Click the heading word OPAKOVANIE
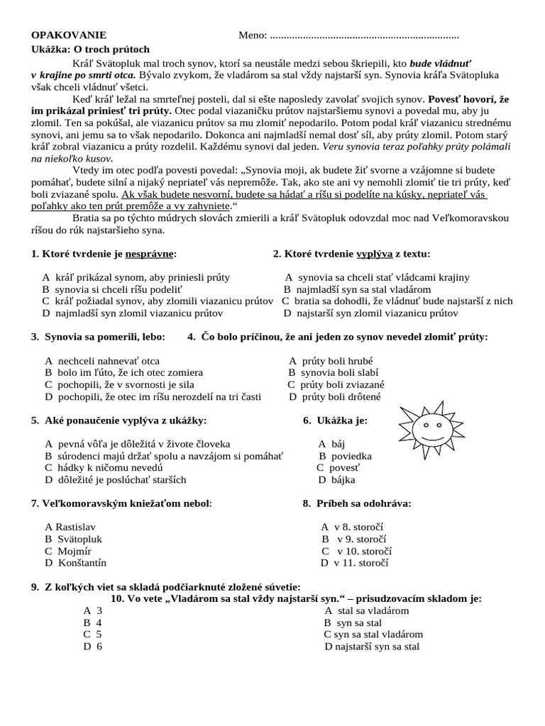tap(69, 35)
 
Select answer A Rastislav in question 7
tap(70, 527)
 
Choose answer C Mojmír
tap(69, 551)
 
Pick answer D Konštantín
tap(75, 563)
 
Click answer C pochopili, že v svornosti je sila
tap(114, 384)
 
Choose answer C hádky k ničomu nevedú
tap(104, 468)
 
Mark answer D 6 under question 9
tap(93, 647)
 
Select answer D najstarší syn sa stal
tap(372, 647)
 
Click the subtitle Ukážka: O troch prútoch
tap(90, 49)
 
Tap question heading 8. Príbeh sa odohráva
tap(357, 503)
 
